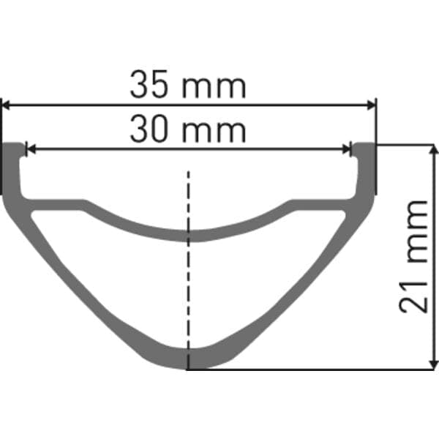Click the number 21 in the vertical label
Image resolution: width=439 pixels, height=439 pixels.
point(413,295)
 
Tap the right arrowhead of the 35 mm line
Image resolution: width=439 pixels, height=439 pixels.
point(371,105)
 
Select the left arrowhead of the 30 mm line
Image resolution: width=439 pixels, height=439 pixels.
point(30,149)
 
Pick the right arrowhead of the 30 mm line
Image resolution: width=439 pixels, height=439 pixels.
point(347,149)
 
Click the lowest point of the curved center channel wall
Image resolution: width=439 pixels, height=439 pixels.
point(189,235)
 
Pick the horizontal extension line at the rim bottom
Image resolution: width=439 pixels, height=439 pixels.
point(307,369)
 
